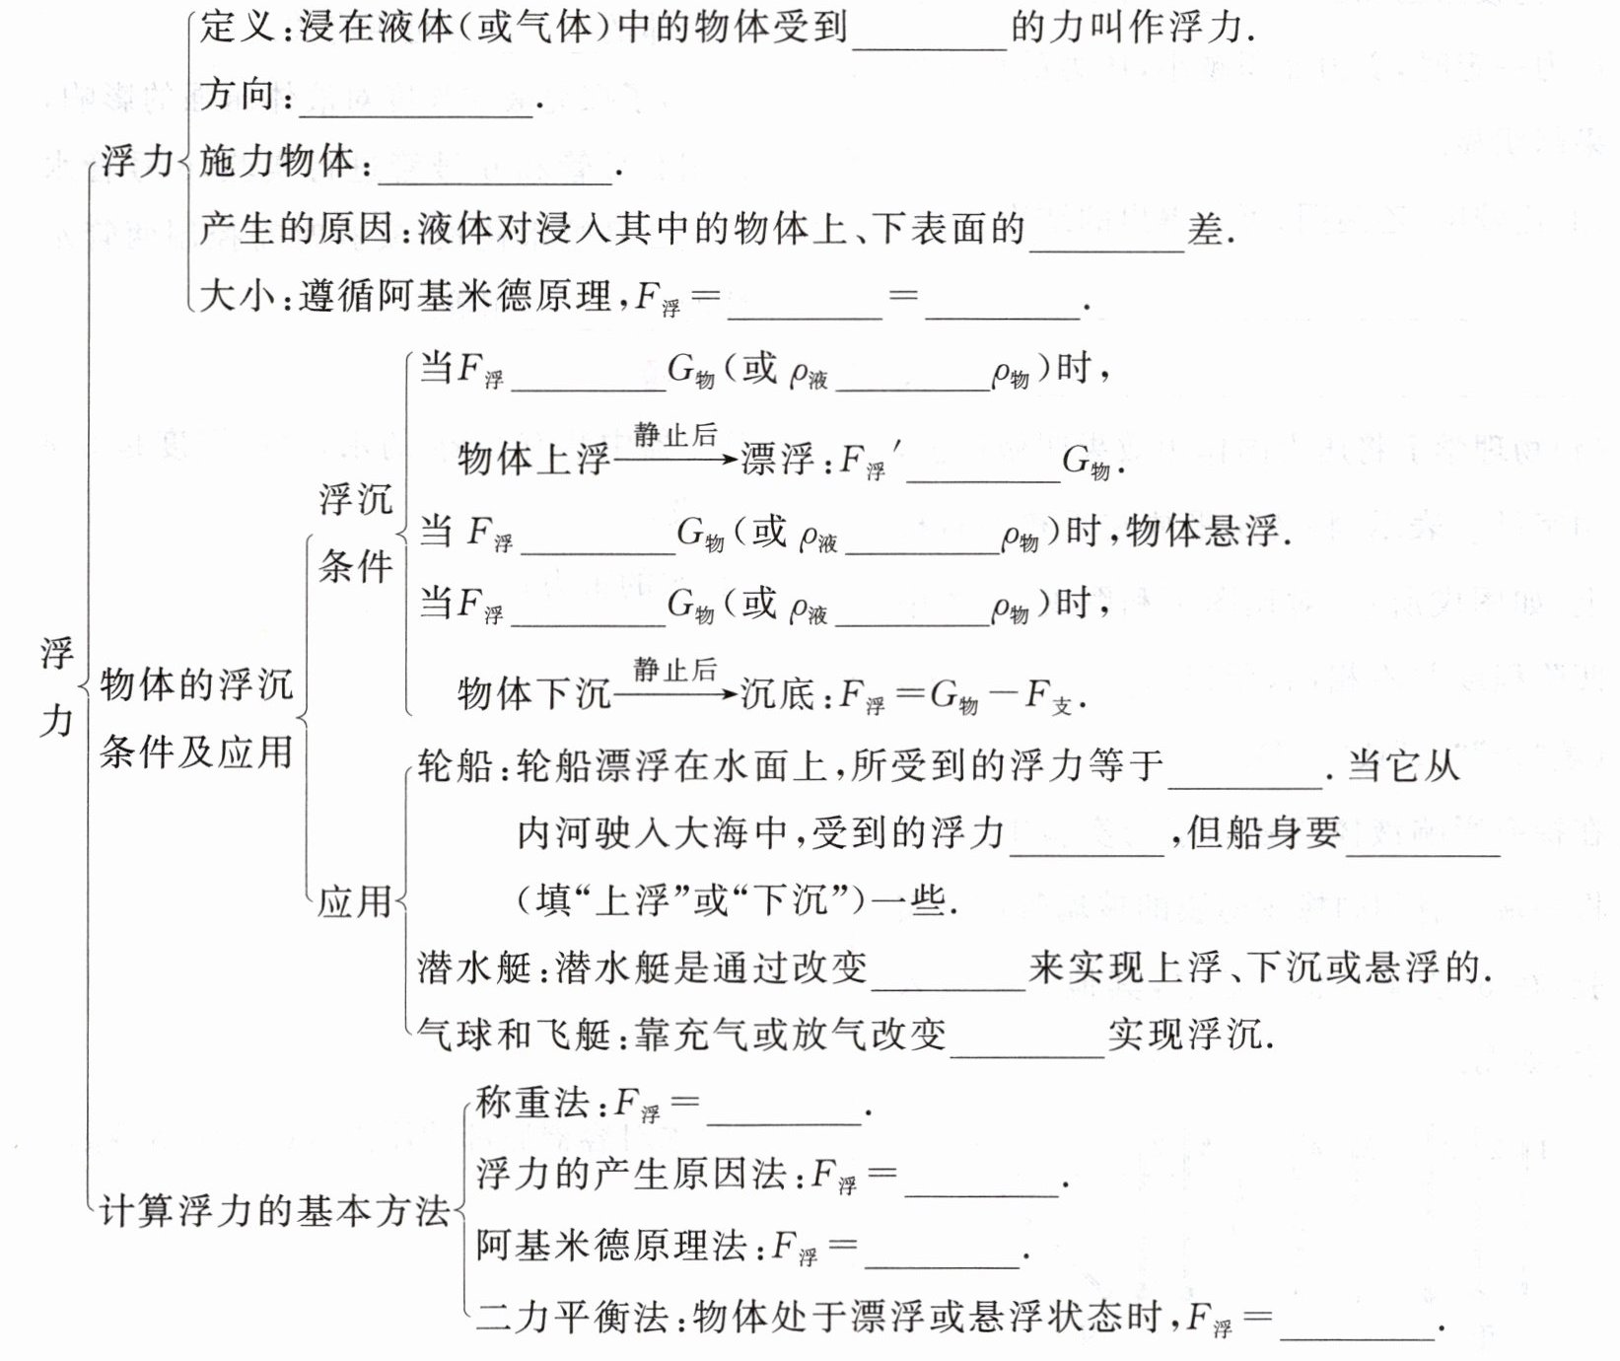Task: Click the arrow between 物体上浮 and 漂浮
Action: pos(675,459)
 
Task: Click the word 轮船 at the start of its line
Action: pos(455,766)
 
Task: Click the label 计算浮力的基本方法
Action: pos(275,1211)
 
